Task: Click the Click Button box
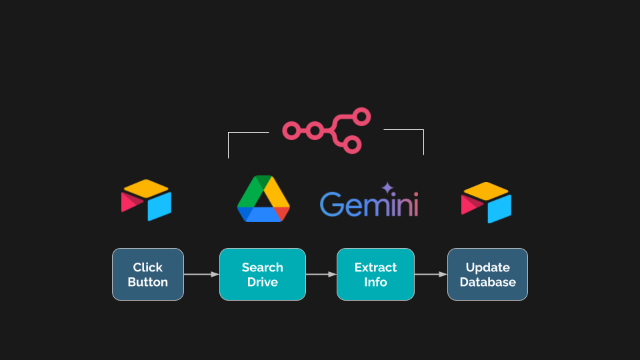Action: coord(147,274)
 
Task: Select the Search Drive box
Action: coord(262,274)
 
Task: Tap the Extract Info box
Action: coord(375,274)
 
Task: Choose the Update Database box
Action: coord(487,274)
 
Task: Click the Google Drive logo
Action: coord(263,199)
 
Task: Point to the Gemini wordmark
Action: coord(369,204)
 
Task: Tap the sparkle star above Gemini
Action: coord(387,189)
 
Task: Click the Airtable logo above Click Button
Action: coord(147,200)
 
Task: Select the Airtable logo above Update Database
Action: coord(487,202)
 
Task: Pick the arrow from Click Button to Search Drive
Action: coord(201,274)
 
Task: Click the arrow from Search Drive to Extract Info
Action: coord(321,274)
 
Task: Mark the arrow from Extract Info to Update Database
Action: coord(431,274)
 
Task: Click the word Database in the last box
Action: coord(487,282)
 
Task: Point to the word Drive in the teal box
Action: coord(262,282)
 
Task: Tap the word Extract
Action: coord(375,267)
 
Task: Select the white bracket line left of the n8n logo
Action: coord(229,143)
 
